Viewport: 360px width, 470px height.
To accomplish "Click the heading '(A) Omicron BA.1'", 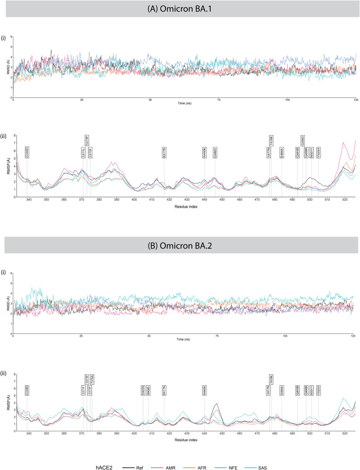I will click(180, 9).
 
